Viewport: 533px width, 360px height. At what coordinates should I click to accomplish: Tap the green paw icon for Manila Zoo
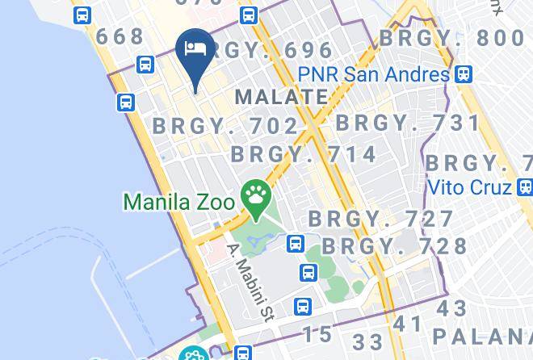click(x=257, y=196)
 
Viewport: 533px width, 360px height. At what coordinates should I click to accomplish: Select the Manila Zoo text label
click(x=178, y=199)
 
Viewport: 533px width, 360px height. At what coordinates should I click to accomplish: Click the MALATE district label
click(x=280, y=98)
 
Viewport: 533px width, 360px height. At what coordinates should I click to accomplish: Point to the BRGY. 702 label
click(x=226, y=126)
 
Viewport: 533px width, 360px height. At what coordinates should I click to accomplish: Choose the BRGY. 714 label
click(x=304, y=154)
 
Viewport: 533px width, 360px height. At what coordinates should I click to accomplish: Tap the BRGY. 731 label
click(x=408, y=123)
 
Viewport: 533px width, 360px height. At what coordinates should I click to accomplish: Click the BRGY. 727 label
click(x=381, y=219)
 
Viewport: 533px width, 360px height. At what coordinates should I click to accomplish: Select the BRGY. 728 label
click(x=395, y=246)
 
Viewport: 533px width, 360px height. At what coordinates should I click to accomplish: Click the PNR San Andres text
click(x=373, y=74)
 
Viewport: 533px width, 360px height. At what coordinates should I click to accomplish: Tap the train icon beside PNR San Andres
click(x=463, y=74)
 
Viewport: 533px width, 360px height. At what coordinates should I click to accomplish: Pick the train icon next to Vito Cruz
click(x=524, y=187)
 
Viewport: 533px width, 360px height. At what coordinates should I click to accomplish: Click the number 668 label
click(x=120, y=36)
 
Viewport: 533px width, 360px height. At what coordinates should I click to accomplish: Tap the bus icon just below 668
click(x=146, y=64)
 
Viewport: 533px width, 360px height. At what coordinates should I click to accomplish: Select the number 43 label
click(x=451, y=309)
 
